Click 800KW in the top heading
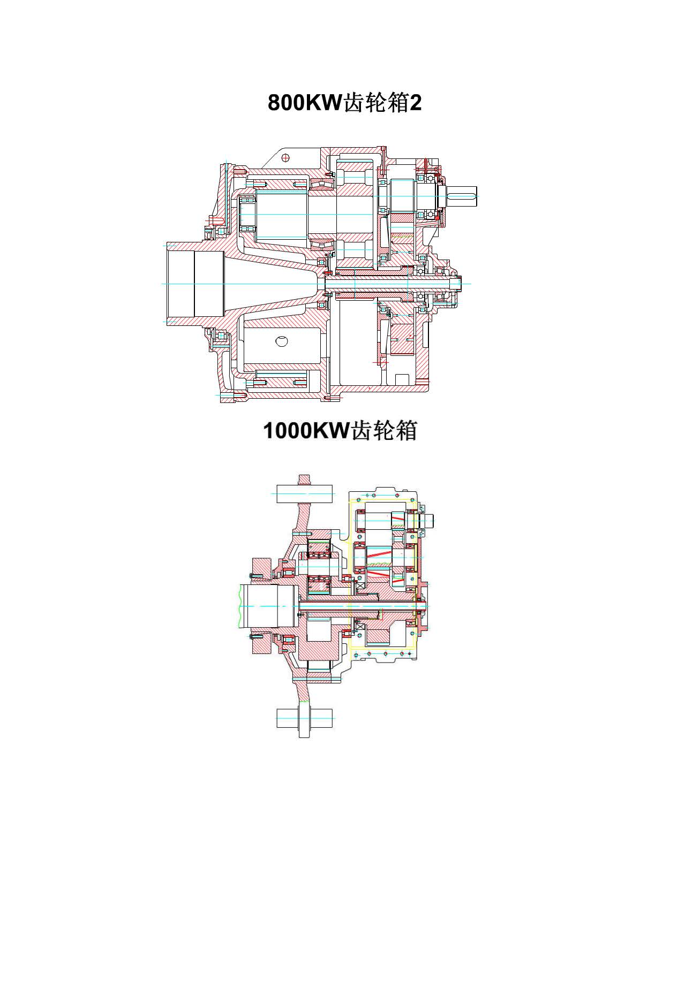click(x=305, y=103)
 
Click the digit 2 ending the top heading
click(x=416, y=103)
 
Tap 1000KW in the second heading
click(x=306, y=430)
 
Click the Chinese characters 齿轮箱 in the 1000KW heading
click(x=383, y=430)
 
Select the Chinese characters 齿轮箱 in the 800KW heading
click(x=375, y=103)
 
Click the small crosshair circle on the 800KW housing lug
click(x=286, y=157)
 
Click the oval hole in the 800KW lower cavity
click(x=281, y=341)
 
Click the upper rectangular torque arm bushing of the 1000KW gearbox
click(x=304, y=493)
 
